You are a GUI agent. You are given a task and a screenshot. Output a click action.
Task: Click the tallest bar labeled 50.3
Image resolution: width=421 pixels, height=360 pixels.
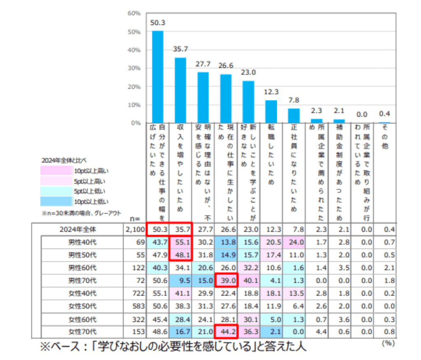tap(158, 77)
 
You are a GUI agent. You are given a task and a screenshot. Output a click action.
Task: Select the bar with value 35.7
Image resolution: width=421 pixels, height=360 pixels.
tap(180, 90)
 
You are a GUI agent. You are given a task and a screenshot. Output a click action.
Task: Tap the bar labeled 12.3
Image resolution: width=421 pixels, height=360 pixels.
tap(271, 111)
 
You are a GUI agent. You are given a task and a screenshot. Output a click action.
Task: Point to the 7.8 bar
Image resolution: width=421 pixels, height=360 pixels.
tap(293, 116)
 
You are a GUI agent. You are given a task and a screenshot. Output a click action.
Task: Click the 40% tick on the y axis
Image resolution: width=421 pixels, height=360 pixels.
tap(135, 50)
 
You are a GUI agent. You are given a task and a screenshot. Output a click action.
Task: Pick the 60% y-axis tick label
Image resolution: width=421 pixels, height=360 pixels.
tap(135, 14)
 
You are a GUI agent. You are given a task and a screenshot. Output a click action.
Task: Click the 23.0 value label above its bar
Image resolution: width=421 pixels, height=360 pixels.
tap(248, 72)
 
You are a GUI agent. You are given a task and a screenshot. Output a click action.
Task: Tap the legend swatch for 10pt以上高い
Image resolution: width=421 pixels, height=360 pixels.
tap(56, 170)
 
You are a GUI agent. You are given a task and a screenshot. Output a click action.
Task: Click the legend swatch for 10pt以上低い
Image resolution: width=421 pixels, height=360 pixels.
tap(56, 201)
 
